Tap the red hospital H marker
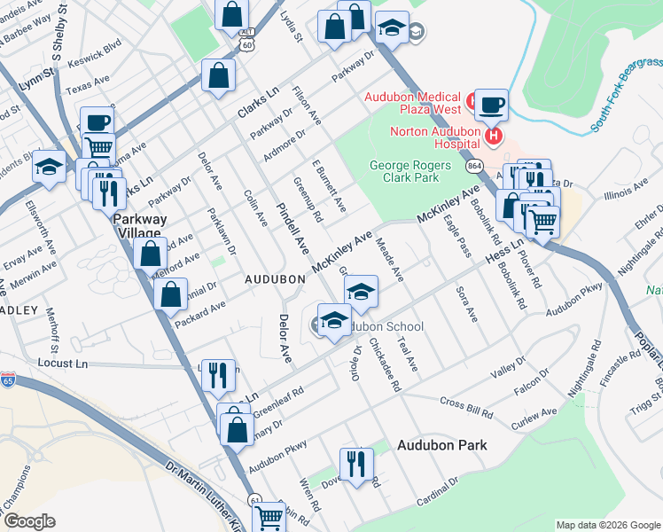[494, 137]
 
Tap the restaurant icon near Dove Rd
[356, 464]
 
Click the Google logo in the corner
[29, 521]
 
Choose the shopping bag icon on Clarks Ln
[218, 77]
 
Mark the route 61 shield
[254, 500]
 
